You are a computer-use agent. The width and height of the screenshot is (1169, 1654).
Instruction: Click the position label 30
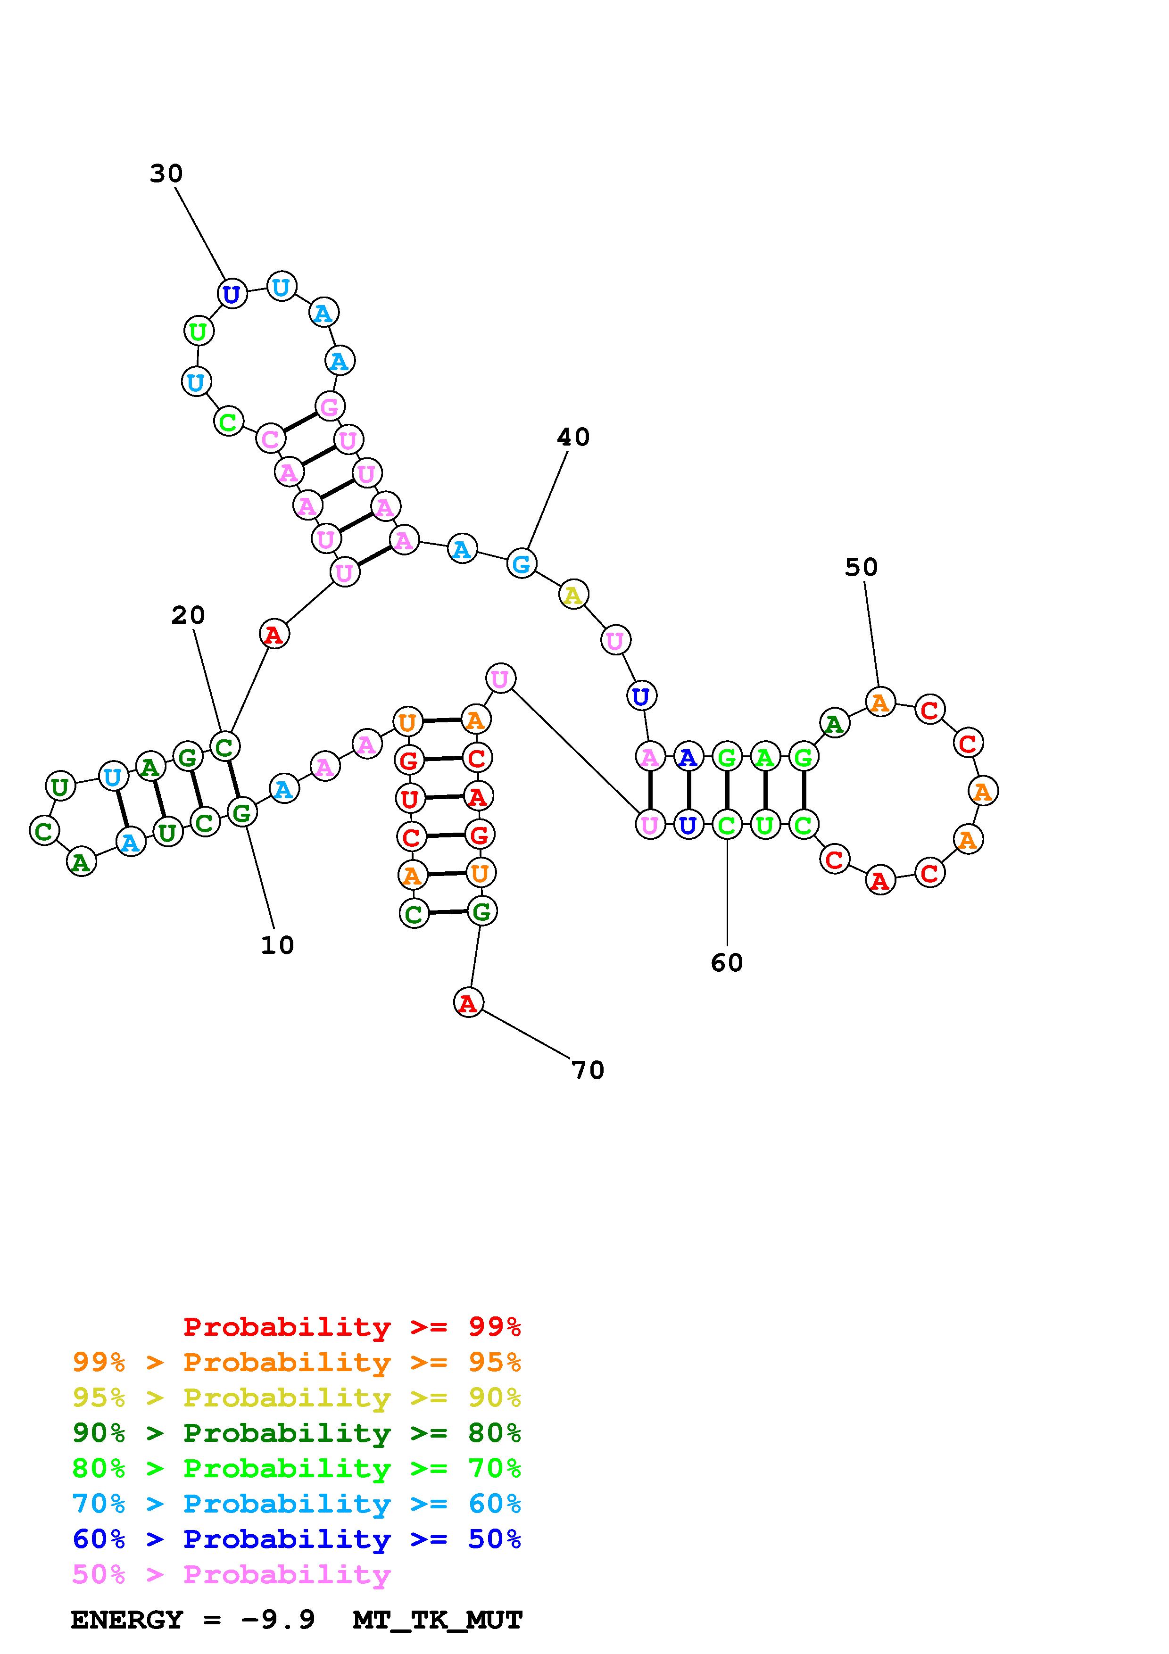166,174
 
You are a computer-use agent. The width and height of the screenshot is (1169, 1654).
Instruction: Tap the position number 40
573,437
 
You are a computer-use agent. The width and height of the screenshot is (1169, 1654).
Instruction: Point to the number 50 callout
862,568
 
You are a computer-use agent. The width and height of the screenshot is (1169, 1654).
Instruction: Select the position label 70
588,1070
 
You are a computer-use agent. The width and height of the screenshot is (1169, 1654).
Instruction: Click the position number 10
277,945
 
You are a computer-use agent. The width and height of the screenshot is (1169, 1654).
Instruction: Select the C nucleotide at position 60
727,824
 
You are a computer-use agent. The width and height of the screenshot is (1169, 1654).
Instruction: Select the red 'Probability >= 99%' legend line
352,1327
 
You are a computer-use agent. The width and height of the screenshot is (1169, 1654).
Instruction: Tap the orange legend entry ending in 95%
297,1362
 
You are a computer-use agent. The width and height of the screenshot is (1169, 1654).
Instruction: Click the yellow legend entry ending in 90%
297,1398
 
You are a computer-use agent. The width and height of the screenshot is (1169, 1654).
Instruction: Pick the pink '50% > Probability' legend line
231,1575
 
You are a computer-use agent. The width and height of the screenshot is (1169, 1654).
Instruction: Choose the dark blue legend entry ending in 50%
297,1539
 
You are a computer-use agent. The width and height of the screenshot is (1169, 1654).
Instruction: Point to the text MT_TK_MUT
437,1620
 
